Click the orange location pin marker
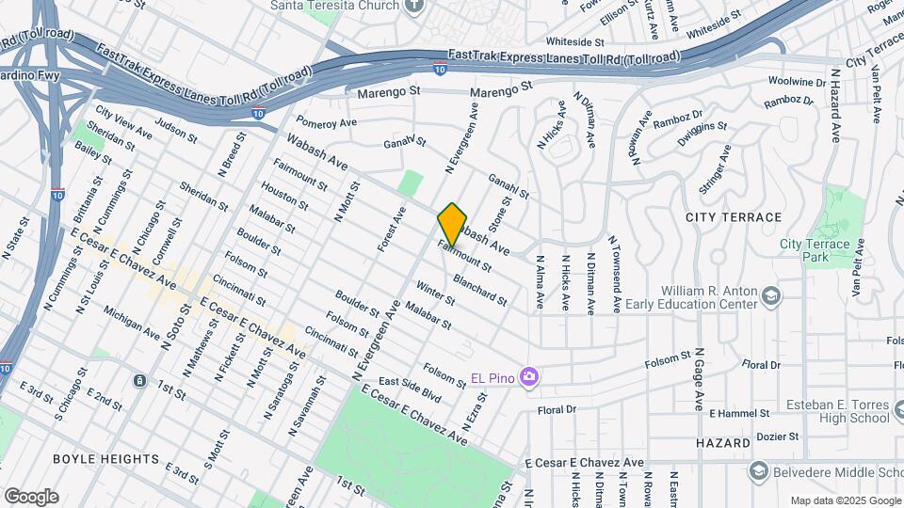coord(452,225)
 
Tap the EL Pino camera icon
coord(529,377)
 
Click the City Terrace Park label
coord(815,250)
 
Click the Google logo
coord(31,496)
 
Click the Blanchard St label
coord(480,290)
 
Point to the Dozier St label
coord(778,437)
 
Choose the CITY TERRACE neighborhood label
coord(734,217)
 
